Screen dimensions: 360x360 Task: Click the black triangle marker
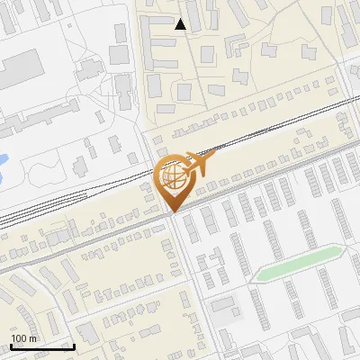click(x=181, y=24)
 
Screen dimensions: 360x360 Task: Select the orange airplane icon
click(x=197, y=165)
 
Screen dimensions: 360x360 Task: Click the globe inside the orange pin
click(x=172, y=176)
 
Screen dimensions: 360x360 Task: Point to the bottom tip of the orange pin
click(x=172, y=212)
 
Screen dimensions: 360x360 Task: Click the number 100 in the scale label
click(x=18, y=338)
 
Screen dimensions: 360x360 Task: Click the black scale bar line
click(x=42, y=346)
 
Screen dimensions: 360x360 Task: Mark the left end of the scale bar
click(x=11, y=346)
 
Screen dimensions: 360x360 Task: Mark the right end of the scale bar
click(x=74, y=346)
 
